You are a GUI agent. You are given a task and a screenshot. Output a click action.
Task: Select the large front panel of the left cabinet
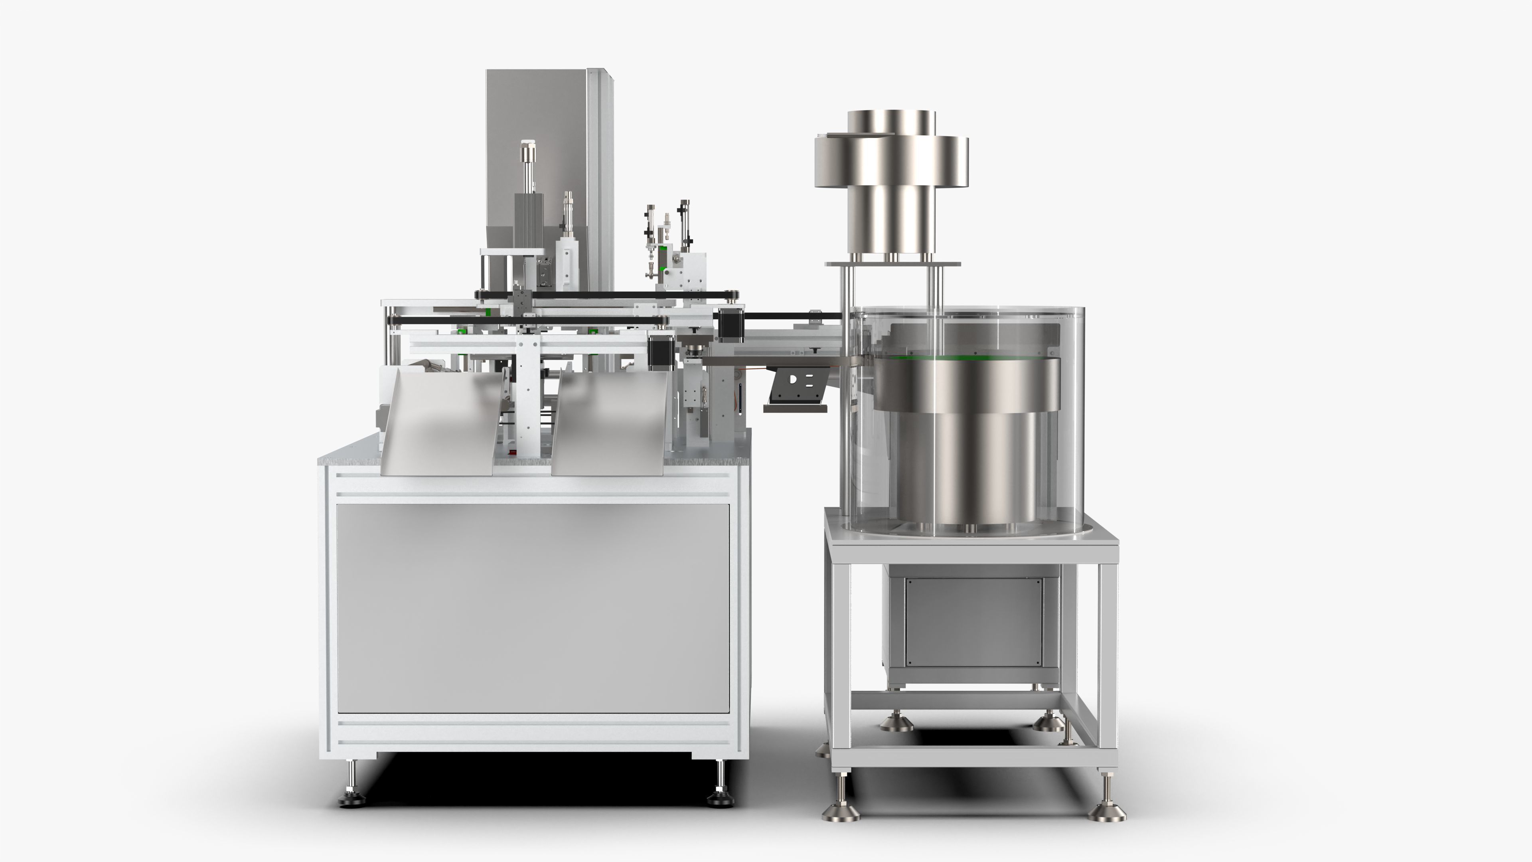(532, 607)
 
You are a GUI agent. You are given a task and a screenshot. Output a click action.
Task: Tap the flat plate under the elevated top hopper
(892, 263)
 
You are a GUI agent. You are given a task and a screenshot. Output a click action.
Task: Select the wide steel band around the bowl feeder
(966, 387)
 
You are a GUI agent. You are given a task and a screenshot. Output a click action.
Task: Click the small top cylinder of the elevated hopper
(891, 122)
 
